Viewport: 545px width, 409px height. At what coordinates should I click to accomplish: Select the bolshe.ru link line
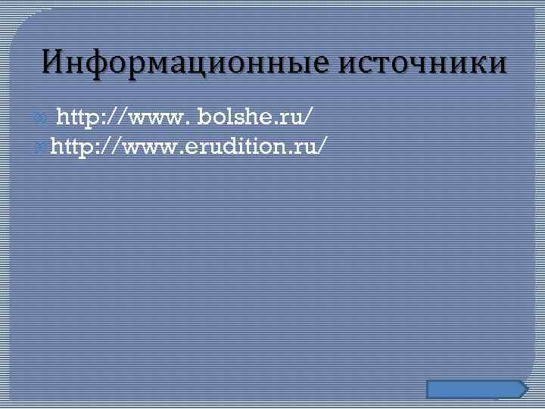[185, 117]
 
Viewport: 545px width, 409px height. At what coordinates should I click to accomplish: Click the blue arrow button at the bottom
[476, 389]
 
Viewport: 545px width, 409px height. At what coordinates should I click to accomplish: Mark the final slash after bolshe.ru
[307, 117]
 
